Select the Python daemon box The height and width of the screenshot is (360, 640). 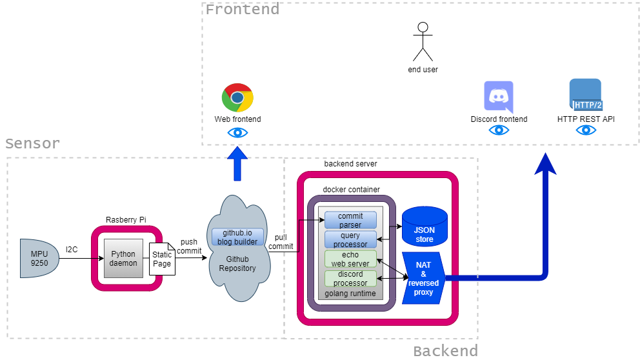(123, 258)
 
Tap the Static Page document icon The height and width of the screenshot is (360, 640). (161, 259)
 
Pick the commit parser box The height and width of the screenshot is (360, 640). (350, 220)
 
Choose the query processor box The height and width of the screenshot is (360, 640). (350, 239)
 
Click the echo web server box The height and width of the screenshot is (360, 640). (350, 259)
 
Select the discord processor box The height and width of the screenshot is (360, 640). (350, 279)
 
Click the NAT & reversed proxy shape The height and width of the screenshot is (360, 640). (424, 278)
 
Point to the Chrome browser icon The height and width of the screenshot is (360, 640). (237, 98)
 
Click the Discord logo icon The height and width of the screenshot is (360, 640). (498, 97)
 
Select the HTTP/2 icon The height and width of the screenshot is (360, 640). (585, 95)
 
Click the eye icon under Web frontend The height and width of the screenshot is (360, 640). (237, 133)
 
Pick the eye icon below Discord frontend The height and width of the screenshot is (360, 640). (499, 130)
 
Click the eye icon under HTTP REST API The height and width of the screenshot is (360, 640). (586, 130)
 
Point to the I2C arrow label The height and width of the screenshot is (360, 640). (72, 249)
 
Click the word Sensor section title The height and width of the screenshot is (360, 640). (32, 143)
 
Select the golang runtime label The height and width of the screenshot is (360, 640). (350, 294)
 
